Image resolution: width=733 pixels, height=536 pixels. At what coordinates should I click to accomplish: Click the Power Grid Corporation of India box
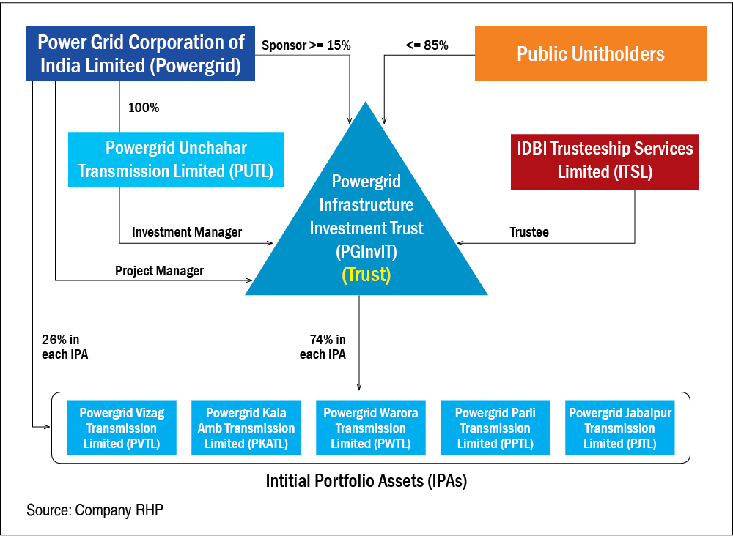tap(140, 53)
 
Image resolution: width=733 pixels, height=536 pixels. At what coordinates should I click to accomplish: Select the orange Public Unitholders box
tap(590, 53)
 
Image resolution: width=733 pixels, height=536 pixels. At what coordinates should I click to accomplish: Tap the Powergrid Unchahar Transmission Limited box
tap(176, 159)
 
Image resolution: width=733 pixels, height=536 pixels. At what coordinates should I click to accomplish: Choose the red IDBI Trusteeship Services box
tap(605, 160)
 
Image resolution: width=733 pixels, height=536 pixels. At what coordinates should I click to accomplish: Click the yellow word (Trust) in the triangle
tap(366, 275)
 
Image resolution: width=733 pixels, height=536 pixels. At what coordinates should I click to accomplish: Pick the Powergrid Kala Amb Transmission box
tap(246, 428)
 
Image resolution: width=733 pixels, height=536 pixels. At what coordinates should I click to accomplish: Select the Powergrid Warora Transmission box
tap(370, 428)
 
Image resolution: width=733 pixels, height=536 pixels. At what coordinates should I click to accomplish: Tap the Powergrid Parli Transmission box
tap(495, 428)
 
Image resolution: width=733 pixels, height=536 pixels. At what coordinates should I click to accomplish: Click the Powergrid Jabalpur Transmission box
tap(619, 428)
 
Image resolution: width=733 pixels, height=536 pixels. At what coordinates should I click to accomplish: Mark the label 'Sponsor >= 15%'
tap(306, 45)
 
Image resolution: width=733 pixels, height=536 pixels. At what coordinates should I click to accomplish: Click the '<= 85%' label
tap(427, 45)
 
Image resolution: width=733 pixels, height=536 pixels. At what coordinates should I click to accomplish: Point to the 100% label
tap(144, 108)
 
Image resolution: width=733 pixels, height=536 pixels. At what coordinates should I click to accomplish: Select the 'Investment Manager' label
tap(187, 232)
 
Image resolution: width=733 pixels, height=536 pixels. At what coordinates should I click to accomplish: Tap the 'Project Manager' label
tap(159, 271)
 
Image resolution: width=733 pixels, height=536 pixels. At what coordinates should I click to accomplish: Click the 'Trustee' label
tap(529, 232)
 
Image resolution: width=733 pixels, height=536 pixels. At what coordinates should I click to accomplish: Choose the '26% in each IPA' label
tap(66, 347)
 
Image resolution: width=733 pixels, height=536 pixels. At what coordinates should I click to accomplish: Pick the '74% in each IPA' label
tap(323, 347)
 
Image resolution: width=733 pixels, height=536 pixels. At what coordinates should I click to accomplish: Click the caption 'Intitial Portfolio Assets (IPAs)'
tap(366, 482)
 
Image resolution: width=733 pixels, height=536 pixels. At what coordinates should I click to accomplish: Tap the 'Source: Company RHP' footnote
tap(95, 510)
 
